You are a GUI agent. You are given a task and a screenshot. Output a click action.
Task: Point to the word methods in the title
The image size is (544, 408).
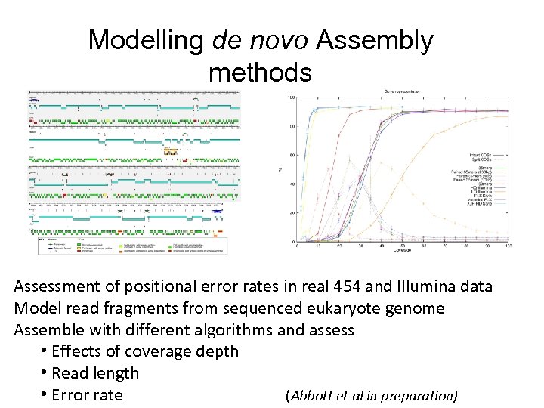260,73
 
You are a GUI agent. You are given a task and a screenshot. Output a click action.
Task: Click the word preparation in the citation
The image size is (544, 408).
419,395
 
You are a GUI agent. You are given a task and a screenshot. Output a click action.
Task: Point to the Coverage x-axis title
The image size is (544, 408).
403,253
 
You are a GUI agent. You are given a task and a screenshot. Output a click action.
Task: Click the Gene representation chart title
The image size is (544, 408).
403,91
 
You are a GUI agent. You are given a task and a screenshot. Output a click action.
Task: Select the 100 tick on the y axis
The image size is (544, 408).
290,97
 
